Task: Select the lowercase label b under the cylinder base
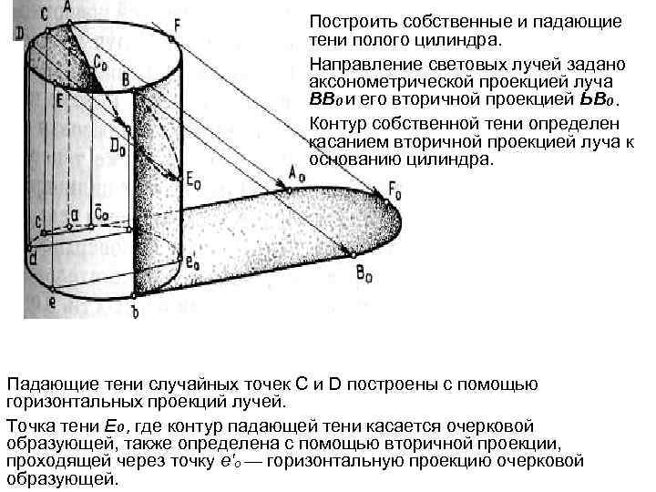(135, 312)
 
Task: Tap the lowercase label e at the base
(52, 302)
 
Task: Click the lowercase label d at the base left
(32, 259)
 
